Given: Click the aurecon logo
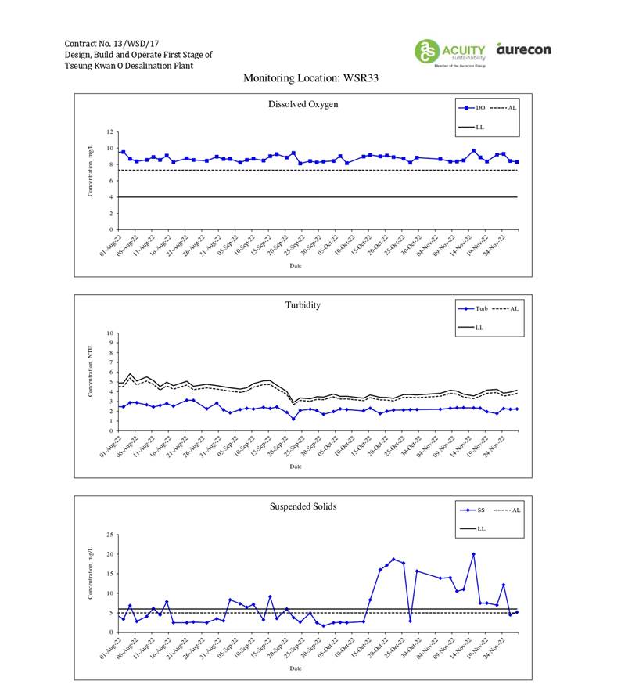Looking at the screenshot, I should (x=523, y=49).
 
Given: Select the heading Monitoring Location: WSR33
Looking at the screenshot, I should (x=310, y=78).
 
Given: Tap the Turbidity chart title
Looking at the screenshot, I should (x=303, y=305).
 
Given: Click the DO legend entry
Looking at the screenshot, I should (x=474, y=107).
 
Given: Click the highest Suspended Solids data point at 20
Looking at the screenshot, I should (x=473, y=554).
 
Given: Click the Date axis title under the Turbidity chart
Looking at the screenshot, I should (x=296, y=466).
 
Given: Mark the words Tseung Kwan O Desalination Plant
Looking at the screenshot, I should (x=129, y=66).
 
